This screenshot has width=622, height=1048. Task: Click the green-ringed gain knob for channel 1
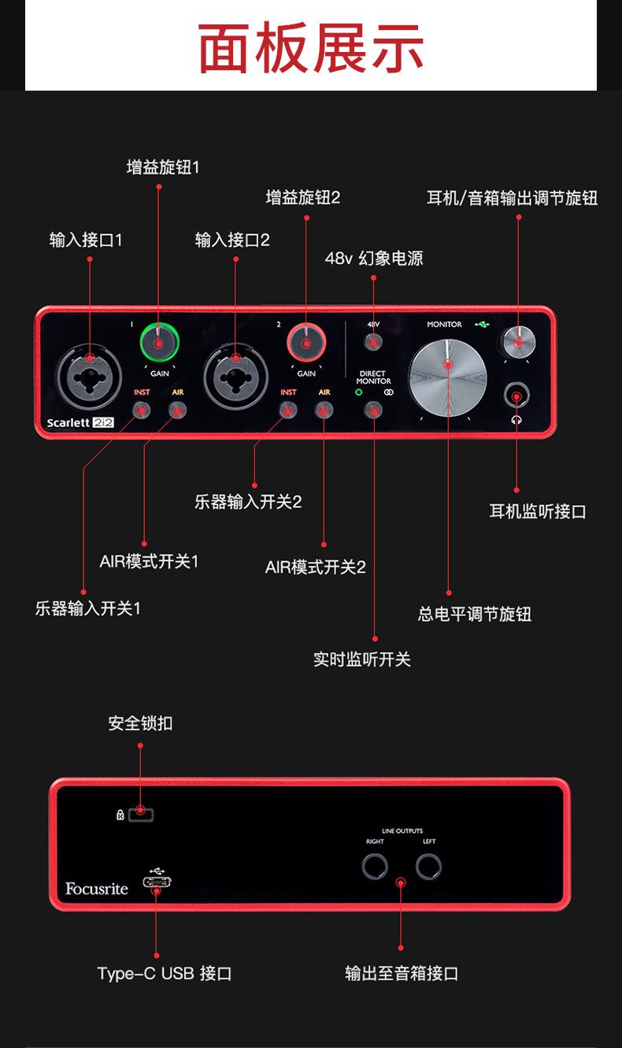pos(159,342)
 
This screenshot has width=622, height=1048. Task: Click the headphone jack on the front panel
pos(517,396)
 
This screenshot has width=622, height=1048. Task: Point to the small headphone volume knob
pos(518,341)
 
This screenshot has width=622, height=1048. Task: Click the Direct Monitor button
pos(374,410)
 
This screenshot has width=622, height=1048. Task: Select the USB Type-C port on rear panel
pos(157,883)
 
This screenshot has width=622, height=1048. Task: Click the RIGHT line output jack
pos(375,868)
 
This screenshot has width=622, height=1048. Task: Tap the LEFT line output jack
pos(428,868)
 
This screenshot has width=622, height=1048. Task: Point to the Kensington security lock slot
pos(141,814)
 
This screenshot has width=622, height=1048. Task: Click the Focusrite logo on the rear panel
pos(97,889)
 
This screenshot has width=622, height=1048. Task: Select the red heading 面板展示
pos(311,48)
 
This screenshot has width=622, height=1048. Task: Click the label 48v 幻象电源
pos(374,258)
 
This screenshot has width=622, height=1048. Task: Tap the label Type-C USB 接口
pos(165,974)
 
